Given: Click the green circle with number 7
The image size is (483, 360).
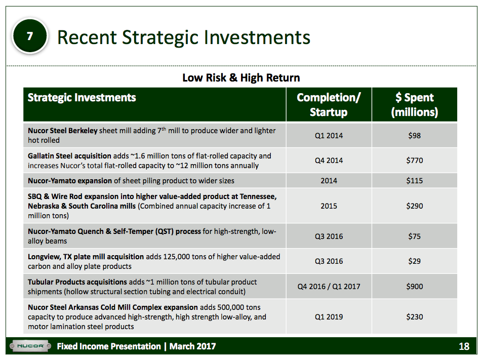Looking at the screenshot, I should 30,36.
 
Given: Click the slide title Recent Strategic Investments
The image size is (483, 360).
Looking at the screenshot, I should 183,37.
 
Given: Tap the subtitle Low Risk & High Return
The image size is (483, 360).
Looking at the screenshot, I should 241,77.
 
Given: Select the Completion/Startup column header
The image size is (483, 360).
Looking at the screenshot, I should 329,104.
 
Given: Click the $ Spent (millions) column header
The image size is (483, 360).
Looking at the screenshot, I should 414,104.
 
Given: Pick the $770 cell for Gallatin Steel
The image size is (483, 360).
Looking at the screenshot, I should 414,161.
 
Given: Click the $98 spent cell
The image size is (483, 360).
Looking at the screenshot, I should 414,135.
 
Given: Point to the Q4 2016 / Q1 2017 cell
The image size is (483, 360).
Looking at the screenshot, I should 329,287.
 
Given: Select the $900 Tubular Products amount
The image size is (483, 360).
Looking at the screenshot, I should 414,287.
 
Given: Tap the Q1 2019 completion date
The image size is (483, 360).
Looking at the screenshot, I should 329,316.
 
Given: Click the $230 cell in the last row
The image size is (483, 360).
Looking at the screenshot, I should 414,316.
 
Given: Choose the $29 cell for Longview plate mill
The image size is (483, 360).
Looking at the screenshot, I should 414,261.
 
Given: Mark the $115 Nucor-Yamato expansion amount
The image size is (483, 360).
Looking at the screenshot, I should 414,180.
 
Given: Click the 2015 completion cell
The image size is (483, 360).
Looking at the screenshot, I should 329,206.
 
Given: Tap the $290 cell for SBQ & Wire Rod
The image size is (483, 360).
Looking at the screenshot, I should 414,206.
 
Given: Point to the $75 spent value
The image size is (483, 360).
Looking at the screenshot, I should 414,236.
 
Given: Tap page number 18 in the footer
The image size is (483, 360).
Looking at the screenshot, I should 464,347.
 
